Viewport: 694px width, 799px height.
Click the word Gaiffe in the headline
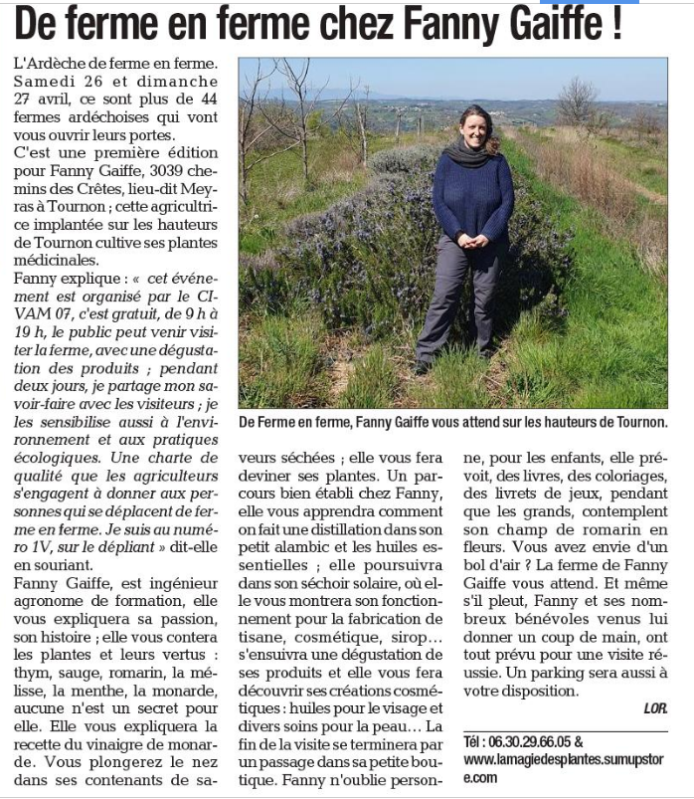pos(543,25)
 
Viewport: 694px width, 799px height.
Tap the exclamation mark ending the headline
pos(616,23)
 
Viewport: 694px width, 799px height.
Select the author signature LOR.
pos(654,708)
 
